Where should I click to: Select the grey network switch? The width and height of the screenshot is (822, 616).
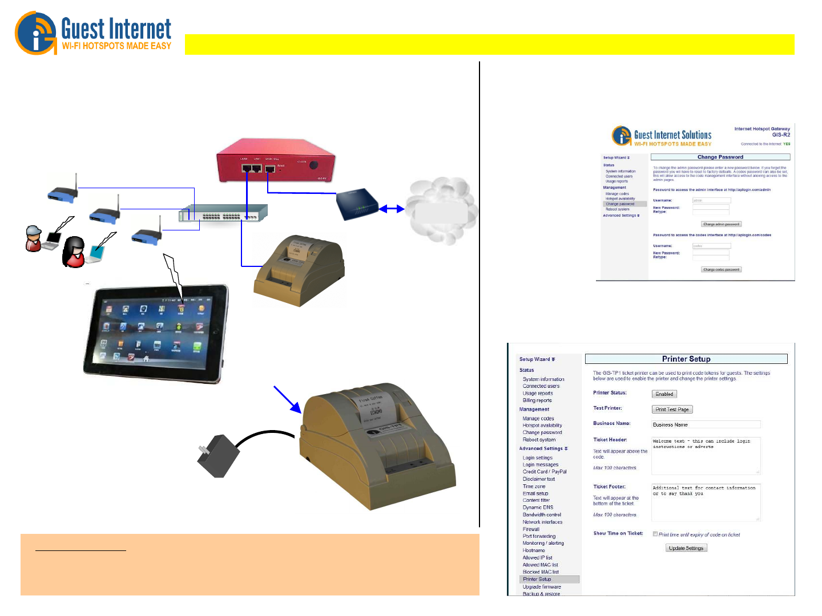(223, 214)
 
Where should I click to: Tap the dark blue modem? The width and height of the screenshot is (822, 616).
(357, 205)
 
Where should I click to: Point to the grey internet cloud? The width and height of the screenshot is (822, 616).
(441, 211)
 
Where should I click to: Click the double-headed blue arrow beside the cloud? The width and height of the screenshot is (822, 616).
(392, 209)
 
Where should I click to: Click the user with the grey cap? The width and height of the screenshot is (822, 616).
(34, 238)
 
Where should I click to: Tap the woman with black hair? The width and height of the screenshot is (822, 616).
(74, 252)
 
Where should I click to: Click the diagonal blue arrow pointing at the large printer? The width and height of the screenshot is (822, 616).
(287, 399)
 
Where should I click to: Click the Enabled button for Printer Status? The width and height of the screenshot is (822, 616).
(664, 394)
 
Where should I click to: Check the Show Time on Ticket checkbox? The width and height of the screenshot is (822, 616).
(655, 534)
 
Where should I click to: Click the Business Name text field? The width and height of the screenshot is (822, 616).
(706, 424)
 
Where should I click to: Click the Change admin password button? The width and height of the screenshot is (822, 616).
(721, 224)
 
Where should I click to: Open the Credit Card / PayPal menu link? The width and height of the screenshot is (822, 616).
(545, 472)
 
